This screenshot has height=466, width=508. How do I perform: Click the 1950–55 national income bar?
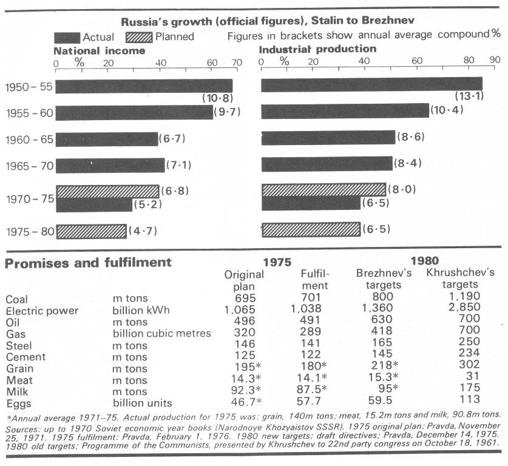(x=144, y=86)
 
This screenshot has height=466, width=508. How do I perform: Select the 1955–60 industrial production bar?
(x=344, y=111)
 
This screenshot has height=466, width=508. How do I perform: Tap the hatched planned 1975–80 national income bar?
(x=91, y=231)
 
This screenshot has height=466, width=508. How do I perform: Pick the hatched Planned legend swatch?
(x=137, y=36)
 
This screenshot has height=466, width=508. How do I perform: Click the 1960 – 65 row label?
(x=29, y=138)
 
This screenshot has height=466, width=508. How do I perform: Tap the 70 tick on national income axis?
(x=237, y=62)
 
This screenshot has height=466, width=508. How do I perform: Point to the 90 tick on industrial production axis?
(x=495, y=61)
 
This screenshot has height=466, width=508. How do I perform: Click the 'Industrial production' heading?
(x=317, y=49)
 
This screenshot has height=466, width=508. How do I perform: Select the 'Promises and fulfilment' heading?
(x=89, y=263)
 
